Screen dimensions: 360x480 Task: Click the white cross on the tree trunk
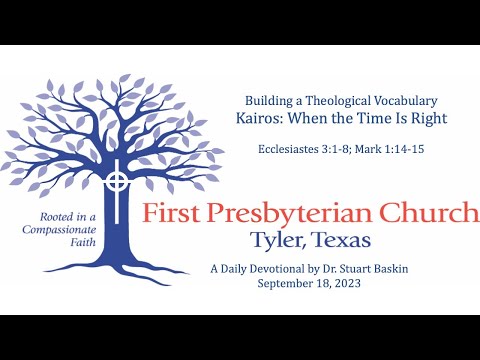point(118,182)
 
